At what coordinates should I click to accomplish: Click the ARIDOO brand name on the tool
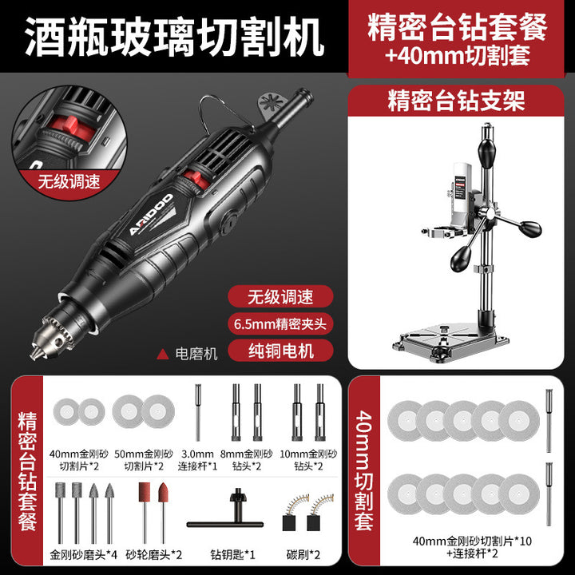click(x=150, y=215)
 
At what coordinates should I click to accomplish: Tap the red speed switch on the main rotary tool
click(x=197, y=179)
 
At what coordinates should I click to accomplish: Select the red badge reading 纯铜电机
click(x=280, y=351)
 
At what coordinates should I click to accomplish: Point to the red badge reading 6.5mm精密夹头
click(x=280, y=323)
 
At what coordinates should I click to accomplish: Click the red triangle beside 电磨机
click(x=162, y=354)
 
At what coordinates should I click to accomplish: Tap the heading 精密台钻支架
click(x=456, y=101)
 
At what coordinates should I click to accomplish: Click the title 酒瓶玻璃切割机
click(x=175, y=37)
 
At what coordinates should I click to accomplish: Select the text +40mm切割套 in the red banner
click(x=458, y=56)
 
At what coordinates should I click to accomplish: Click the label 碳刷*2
click(x=303, y=554)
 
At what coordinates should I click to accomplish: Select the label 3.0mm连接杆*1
click(x=197, y=460)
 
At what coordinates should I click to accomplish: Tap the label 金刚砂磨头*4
click(x=83, y=554)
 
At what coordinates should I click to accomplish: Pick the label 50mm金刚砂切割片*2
click(x=144, y=460)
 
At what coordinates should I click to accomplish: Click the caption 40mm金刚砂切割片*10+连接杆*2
click(x=472, y=547)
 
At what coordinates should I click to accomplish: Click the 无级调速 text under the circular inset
click(x=69, y=181)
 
